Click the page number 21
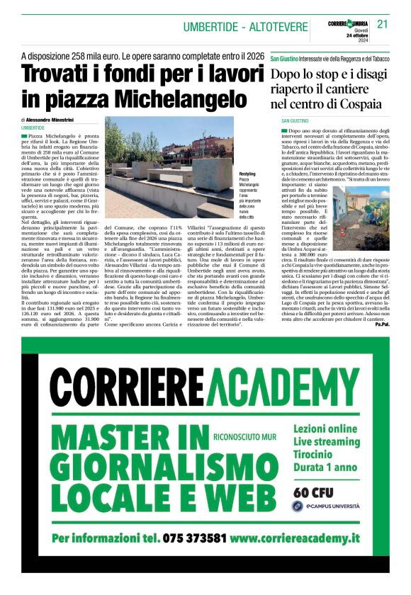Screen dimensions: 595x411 click(x=383, y=24)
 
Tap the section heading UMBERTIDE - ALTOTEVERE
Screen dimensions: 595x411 click(x=245, y=27)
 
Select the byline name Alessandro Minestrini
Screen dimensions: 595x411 click(x=53, y=120)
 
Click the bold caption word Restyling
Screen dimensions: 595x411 click(x=247, y=174)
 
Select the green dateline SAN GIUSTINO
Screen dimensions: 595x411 click(x=295, y=121)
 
